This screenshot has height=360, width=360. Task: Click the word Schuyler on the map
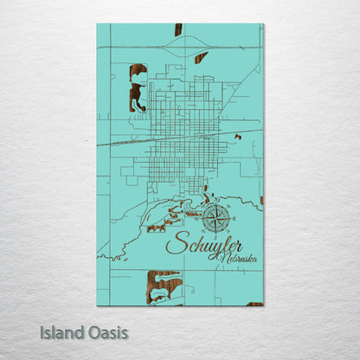click(x=203, y=245)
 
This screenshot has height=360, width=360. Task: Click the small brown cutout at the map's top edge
click(x=178, y=29)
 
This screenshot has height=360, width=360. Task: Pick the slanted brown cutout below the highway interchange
click(x=201, y=58)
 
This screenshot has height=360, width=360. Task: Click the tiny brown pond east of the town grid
click(x=237, y=137)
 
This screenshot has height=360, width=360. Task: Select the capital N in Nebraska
click(x=224, y=257)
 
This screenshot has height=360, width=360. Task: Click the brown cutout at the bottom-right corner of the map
click(x=254, y=304)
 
